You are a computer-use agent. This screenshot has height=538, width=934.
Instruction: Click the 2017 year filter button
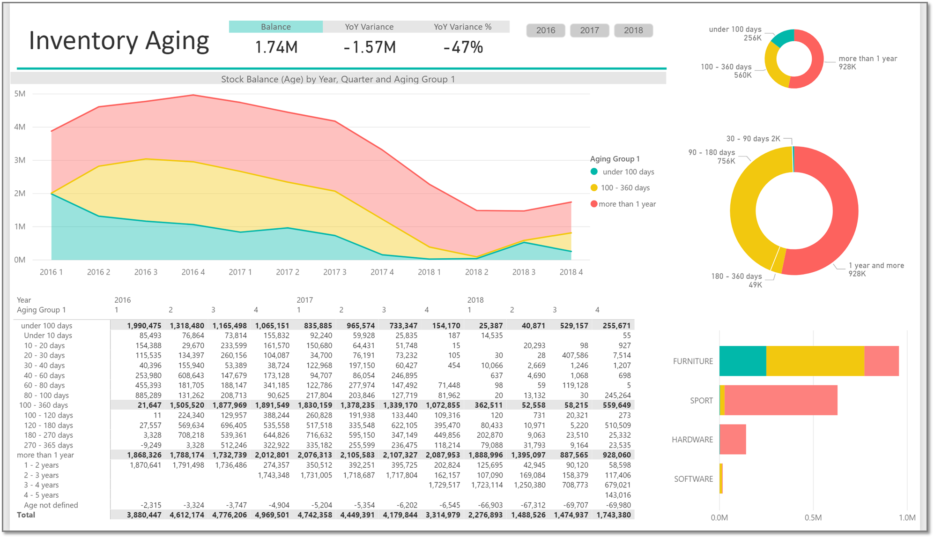[x=589, y=30]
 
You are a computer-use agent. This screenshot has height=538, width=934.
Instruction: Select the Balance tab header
[x=275, y=27]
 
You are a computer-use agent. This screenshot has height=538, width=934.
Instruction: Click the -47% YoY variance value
[x=463, y=47]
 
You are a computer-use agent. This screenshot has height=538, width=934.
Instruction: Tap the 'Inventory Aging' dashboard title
[x=119, y=41]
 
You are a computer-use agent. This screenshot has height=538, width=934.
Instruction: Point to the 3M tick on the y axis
[x=20, y=160]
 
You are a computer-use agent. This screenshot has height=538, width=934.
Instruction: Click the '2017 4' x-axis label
[x=382, y=272]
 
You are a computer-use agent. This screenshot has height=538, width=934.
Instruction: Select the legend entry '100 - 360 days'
[x=625, y=188]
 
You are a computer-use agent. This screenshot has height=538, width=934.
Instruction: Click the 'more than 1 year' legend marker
[x=594, y=204]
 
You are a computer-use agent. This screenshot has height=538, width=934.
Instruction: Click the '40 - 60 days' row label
[x=44, y=375]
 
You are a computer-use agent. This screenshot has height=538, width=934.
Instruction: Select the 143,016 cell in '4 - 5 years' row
[x=617, y=495]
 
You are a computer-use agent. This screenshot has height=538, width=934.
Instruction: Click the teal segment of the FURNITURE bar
[x=742, y=361]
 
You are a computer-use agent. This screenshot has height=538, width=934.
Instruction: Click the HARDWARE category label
[x=692, y=440]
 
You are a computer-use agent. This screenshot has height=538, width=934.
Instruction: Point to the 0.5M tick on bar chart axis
[x=813, y=518]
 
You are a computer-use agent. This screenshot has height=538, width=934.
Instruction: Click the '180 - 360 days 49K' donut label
[x=736, y=280]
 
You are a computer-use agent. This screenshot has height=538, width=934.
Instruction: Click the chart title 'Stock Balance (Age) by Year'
[x=338, y=79]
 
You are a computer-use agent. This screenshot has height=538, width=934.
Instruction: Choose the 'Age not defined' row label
[x=51, y=505]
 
